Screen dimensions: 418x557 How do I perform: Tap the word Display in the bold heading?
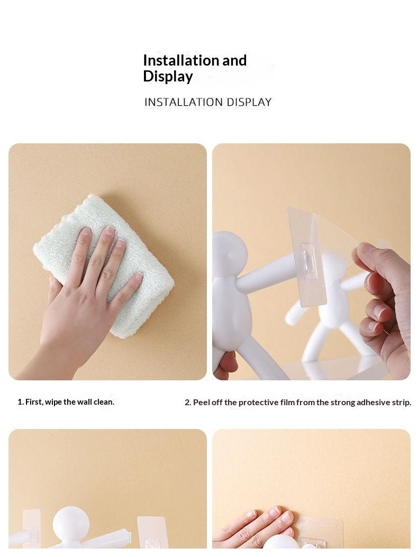[168, 77]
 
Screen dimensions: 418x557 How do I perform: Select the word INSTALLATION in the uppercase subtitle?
[184, 102]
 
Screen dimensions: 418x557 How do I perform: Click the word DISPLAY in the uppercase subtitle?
[249, 102]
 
